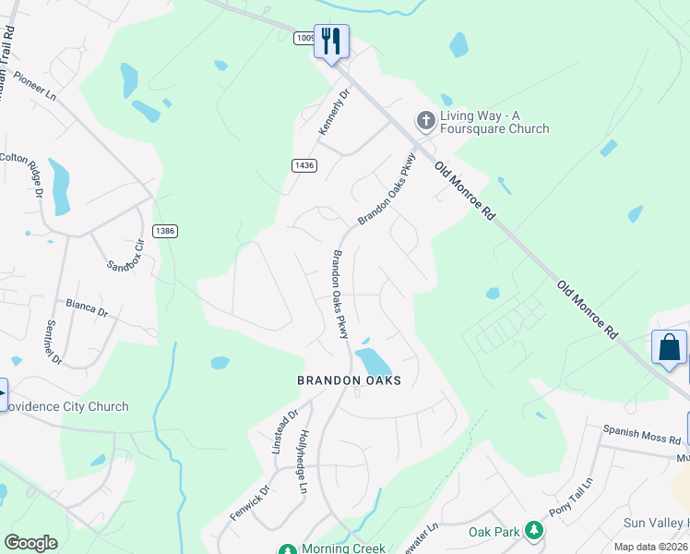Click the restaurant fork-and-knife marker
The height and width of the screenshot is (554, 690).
(331, 41)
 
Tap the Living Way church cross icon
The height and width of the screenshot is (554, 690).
(425, 120)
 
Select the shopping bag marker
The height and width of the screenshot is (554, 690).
(669, 347)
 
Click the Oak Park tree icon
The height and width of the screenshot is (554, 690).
(533, 530)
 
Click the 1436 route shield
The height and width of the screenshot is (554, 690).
(303, 165)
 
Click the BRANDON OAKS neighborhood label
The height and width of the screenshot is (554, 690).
(350, 380)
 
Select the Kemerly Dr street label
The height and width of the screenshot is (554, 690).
(335, 113)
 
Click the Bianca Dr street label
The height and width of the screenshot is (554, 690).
(87, 307)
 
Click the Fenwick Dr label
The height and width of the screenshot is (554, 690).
(250, 502)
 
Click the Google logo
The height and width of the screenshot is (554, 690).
(31, 543)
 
